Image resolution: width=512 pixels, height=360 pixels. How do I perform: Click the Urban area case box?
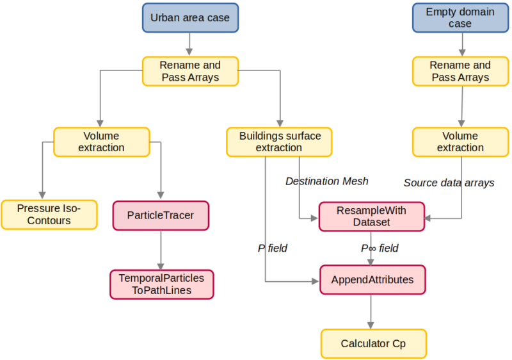click(x=189, y=17)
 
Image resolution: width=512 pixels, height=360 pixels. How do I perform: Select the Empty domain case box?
click(x=460, y=17)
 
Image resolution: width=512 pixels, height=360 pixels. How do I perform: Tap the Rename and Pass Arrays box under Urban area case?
click(x=189, y=71)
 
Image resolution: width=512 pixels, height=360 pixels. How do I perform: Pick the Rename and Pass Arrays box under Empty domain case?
click(x=460, y=71)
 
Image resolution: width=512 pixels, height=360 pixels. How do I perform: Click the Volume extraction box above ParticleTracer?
click(x=101, y=142)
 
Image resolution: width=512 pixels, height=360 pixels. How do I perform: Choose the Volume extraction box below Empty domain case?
click(x=460, y=142)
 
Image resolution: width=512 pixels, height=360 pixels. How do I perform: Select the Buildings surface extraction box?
click(x=280, y=142)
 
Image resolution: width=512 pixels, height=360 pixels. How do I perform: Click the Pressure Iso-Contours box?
click(x=49, y=215)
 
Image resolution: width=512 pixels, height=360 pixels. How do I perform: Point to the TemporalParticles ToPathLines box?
click(x=161, y=284)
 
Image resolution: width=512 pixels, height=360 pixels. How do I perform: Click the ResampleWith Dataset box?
click(x=371, y=216)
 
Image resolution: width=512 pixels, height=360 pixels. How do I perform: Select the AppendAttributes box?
click(x=372, y=280)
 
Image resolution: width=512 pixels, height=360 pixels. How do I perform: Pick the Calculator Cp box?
click(x=372, y=343)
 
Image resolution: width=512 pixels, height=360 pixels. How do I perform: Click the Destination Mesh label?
click(x=326, y=181)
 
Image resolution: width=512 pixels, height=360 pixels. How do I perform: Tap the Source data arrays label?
click(x=449, y=183)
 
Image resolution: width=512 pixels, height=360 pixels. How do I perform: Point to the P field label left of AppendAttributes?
click(x=272, y=248)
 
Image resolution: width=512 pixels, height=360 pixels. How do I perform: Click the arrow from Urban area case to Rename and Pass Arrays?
click(x=189, y=44)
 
